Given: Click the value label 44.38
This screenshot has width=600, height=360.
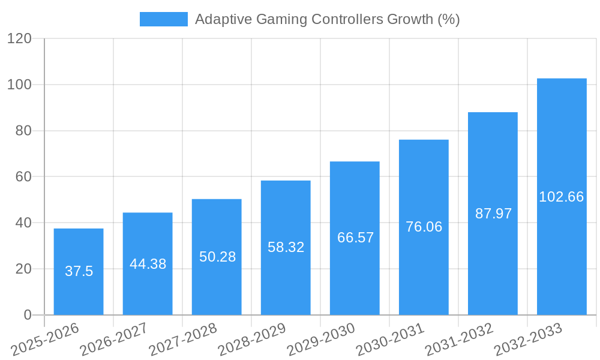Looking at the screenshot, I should click(148, 264).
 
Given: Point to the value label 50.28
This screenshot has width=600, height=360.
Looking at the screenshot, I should click(217, 257).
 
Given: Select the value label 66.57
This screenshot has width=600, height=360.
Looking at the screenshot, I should click(355, 238).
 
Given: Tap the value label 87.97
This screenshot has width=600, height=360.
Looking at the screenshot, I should click(493, 214).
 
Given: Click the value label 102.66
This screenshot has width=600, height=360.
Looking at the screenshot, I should click(562, 197).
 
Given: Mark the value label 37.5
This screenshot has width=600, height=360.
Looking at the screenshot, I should click(79, 271).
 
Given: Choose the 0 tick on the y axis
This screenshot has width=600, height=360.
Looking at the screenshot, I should click(26, 315).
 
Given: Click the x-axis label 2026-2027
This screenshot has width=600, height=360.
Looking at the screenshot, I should click(114, 340).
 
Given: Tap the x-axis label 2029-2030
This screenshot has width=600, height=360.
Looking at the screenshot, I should click(321, 340).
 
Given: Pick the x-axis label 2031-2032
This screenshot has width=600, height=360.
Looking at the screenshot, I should click(459, 340).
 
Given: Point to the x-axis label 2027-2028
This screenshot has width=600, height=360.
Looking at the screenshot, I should click(183, 340).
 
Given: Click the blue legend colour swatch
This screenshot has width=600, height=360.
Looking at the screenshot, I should click(163, 19).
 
